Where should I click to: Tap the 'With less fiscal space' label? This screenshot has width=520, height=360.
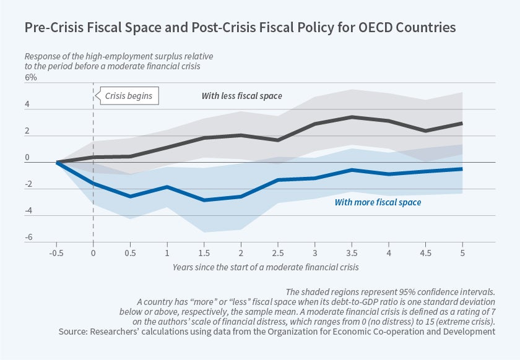click(241, 96)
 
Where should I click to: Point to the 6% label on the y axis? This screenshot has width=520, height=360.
click(30, 78)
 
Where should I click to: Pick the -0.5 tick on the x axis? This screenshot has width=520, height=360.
click(57, 252)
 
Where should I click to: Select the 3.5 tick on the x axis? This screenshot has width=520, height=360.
click(352, 252)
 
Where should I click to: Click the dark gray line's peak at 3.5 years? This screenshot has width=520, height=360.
click(352, 117)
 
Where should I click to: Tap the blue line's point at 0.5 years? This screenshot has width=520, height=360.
click(130, 196)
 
